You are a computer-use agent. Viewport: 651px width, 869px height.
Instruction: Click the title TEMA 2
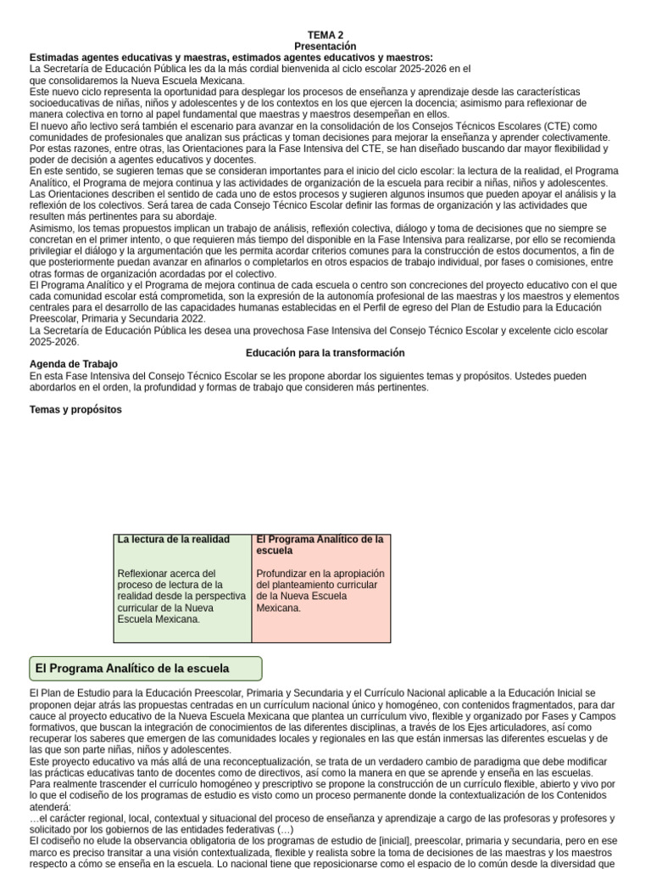coord(325,35)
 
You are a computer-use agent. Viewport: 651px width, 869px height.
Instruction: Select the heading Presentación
coord(325,46)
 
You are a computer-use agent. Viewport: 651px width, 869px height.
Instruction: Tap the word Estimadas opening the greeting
coord(54,57)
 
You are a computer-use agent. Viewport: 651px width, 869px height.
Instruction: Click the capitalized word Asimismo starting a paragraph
coord(52,228)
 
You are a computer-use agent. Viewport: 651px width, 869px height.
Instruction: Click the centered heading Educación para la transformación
coord(325,352)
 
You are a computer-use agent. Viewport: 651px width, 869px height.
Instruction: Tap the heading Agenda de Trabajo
coord(74,364)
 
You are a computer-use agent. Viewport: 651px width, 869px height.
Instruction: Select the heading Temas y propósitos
coord(75,410)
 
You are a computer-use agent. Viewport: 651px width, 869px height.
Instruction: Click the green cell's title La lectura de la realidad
coord(174,540)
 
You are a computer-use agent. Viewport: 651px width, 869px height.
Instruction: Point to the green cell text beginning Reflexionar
coord(181,596)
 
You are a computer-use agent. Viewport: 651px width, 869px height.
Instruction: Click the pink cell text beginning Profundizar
coord(320,590)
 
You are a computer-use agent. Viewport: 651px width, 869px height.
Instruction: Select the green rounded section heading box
coord(146,669)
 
